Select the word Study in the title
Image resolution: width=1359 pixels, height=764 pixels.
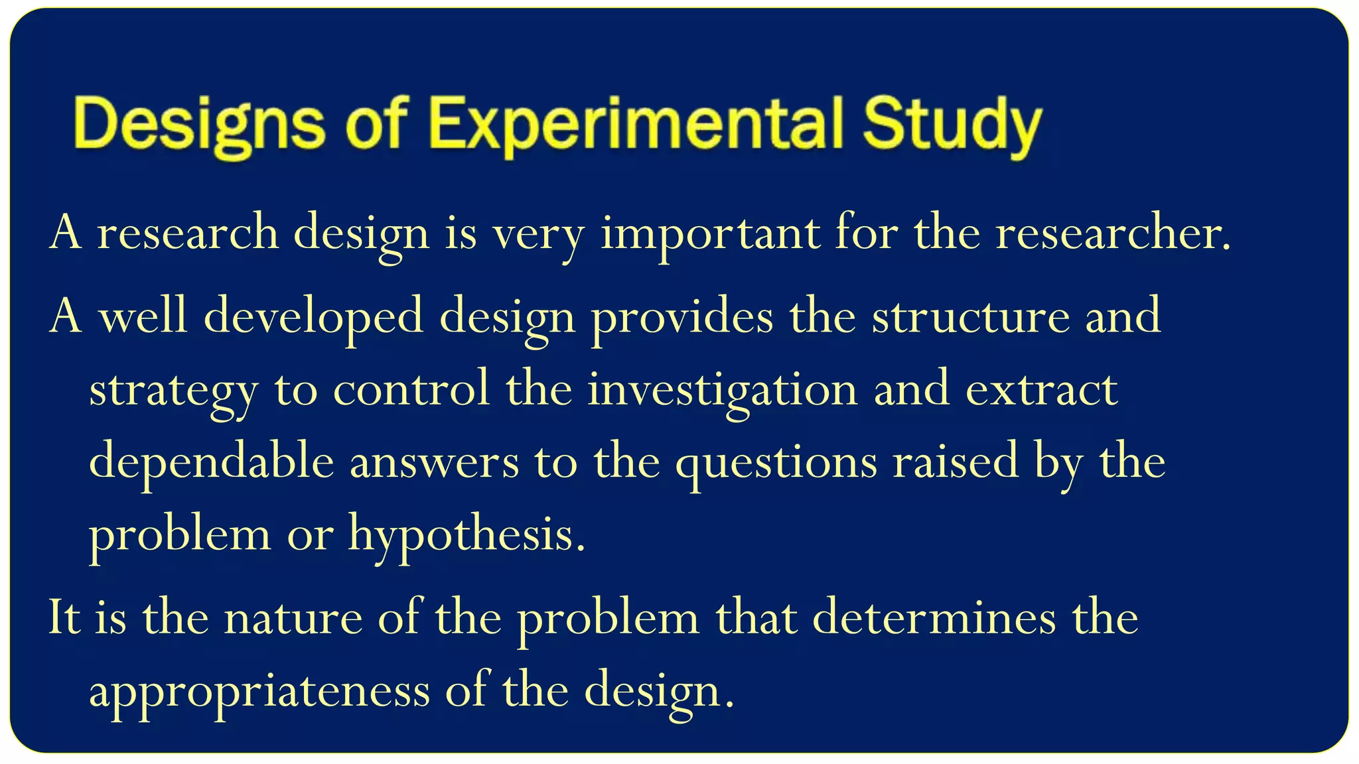(952, 124)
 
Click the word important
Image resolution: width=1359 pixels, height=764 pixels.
(710, 233)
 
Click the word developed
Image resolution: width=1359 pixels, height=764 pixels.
(313, 317)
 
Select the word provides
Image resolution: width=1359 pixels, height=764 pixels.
(681, 317)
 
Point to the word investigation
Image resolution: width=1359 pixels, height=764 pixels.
(722, 390)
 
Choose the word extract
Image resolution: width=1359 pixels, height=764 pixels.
(1041, 390)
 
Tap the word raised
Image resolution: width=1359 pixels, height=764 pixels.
(955, 462)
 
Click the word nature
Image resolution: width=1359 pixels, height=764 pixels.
(293, 618)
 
